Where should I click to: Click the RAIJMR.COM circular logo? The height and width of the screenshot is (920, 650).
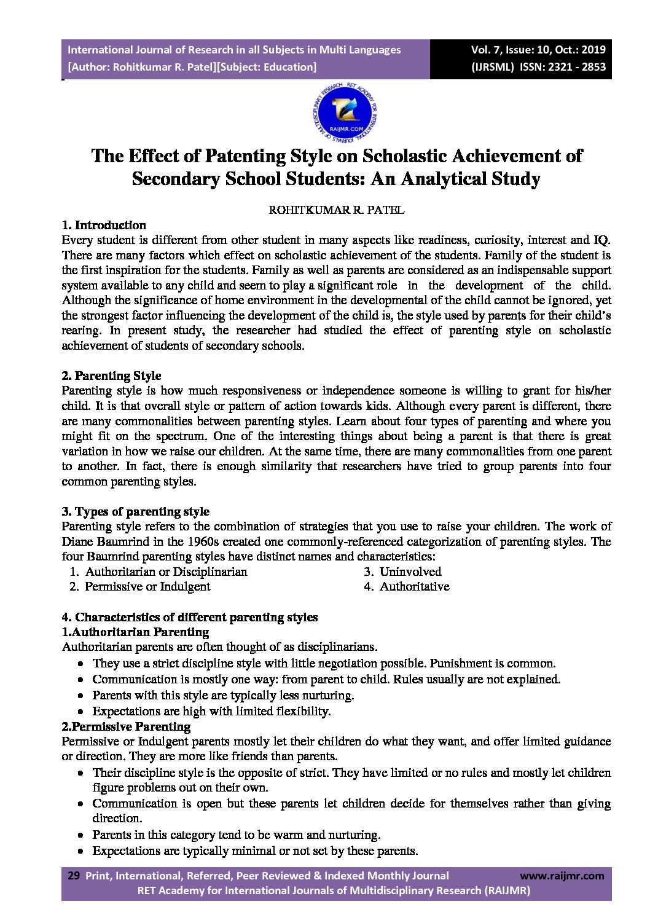point(345,112)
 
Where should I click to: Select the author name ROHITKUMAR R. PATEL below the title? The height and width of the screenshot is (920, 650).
point(337,210)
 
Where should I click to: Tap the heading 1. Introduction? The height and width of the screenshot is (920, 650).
point(104,225)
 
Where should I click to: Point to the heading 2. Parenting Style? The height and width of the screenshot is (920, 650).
point(111,375)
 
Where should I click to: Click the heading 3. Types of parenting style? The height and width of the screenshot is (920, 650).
point(135,511)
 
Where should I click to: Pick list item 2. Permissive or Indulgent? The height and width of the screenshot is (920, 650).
point(139,586)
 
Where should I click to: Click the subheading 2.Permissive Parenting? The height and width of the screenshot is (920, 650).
point(126,726)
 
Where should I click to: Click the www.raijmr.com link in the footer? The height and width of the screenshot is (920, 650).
point(562,876)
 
